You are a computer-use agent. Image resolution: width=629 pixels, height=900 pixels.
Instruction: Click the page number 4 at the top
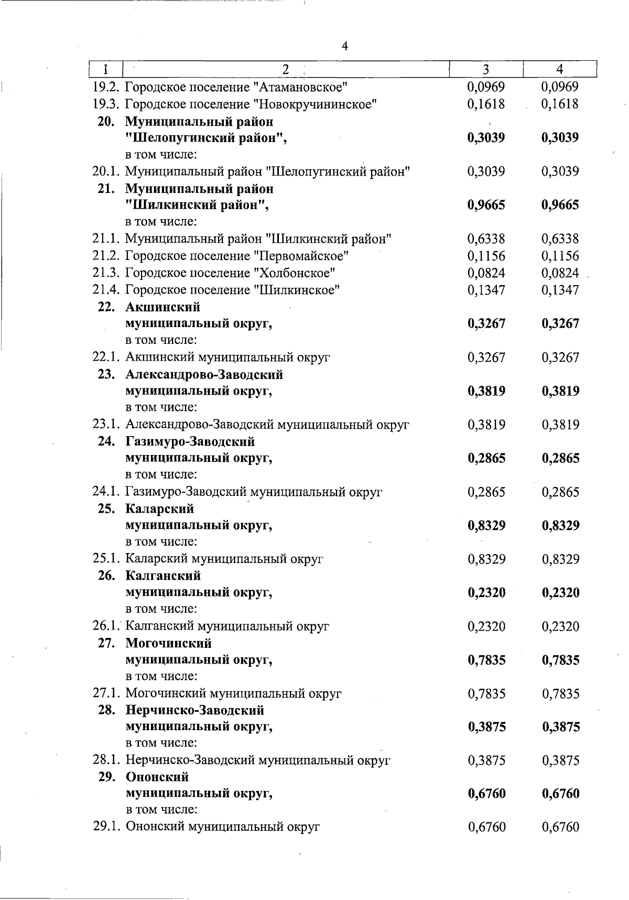pyautogui.click(x=345, y=47)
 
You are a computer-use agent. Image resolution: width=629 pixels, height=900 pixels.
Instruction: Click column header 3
pyautogui.click(x=486, y=69)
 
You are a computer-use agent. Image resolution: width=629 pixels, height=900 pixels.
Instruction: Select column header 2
pyautogui.click(x=286, y=69)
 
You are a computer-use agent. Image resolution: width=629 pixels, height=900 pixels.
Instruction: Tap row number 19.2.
pyautogui.click(x=106, y=87)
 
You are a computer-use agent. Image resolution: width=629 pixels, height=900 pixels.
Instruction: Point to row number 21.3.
pyautogui.click(x=106, y=273)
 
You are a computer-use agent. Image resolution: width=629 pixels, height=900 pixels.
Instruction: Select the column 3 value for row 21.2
pyautogui.click(x=486, y=256)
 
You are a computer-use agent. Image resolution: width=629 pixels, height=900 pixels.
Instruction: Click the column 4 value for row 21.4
pyautogui.click(x=560, y=290)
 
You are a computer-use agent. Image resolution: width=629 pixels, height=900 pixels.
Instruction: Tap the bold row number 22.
pyautogui.click(x=106, y=307)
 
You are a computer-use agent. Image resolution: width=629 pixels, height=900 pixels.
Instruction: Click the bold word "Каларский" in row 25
pyautogui.click(x=160, y=509)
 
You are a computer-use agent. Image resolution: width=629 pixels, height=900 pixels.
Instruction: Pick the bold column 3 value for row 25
pyautogui.click(x=486, y=526)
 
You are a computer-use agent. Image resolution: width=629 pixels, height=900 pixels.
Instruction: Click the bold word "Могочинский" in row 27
pyautogui.click(x=169, y=643)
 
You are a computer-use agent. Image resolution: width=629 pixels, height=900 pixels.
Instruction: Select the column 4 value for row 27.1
pyautogui.click(x=560, y=694)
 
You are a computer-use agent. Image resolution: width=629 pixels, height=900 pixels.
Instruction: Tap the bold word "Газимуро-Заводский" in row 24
pyautogui.click(x=190, y=441)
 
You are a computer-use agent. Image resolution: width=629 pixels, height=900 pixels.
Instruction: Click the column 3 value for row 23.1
pyautogui.click(x=486, y=425)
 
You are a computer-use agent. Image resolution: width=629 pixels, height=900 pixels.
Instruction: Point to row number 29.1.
pyautogui.click(x=106, y=827)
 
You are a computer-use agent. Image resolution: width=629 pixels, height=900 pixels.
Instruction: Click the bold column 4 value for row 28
pyautogui.click(x=560, y=727)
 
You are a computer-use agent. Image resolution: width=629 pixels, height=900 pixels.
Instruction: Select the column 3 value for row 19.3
pyautogui.click(x=486, y=104)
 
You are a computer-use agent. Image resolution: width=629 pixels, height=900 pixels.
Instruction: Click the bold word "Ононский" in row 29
pyautogui.click(x=157, y=777)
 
